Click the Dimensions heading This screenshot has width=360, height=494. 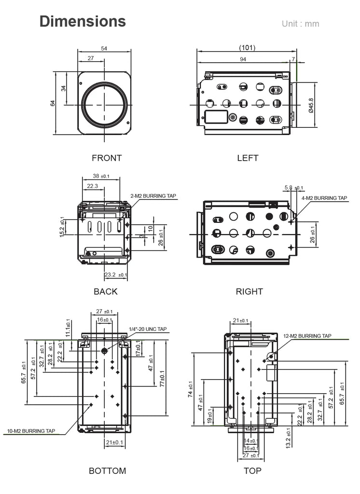[x=83, y=21]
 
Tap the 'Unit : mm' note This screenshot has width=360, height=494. [x=300, y=24]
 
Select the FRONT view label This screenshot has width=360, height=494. [x=107, y=158]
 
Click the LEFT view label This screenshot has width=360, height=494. [x=248, y=158]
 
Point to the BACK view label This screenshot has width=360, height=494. [x=105, y=291]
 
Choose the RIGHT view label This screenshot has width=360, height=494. [x=249, y=291]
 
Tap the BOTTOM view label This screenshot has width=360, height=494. [x=107, y=471]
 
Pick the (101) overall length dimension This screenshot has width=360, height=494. [x=247, y=48]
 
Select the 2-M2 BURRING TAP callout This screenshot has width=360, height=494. [x=154, y=196]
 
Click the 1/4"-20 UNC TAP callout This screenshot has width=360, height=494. [x=148, y=329]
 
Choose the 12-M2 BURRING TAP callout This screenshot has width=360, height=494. [x=307, y=336]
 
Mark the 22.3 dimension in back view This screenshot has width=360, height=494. [x=92, y=186]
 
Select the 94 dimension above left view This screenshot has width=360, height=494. [x=243, y=59]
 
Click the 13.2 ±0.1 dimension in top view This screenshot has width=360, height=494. [x=289, y=438]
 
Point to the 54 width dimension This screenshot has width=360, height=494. [x=104, y=48]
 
